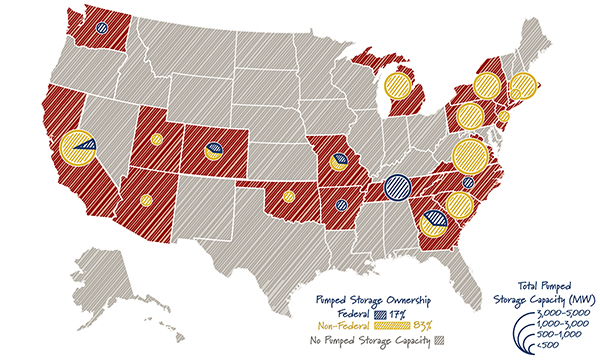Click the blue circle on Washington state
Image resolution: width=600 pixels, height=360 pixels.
click(103, 29)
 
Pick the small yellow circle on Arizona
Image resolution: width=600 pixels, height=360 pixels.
click(146, 200)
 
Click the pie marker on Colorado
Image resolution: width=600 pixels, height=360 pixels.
click(213, 151)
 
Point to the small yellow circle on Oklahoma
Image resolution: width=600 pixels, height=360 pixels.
click(288, 196)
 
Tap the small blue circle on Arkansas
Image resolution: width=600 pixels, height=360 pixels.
click(342, 205)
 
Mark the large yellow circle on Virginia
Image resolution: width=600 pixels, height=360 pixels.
click(469, 156)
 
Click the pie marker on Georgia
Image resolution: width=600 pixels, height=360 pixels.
click(433, 220)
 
